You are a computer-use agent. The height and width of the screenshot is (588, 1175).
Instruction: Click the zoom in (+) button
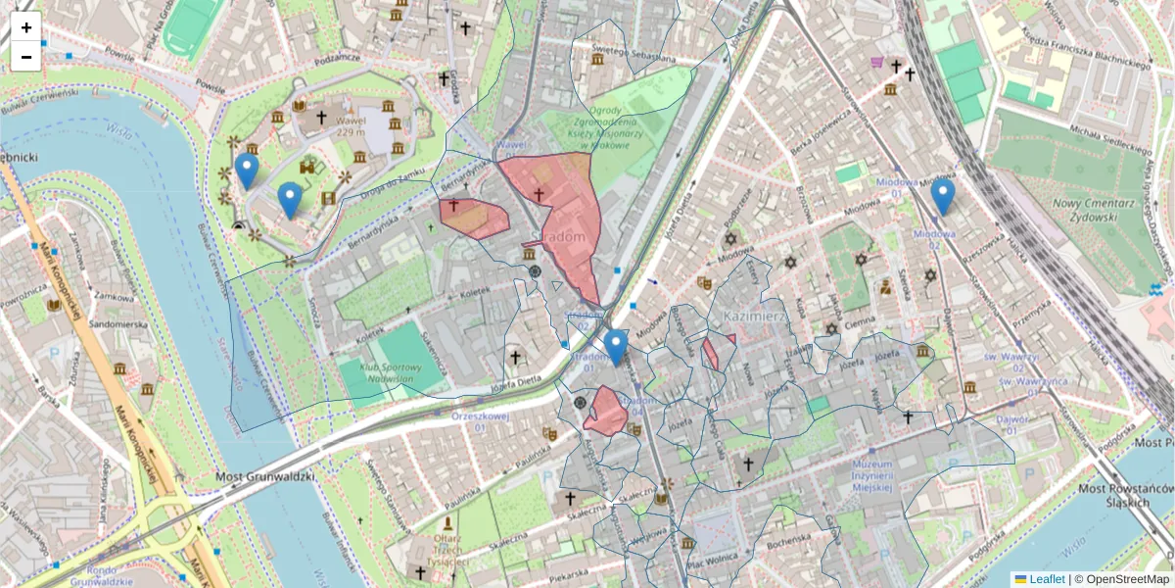pyautogui.click(x=26, y=27)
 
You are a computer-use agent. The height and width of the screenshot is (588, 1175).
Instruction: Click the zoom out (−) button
pyautogui.click(x=26, y=57)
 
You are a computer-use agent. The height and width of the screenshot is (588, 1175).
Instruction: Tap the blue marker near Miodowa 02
pyautogui.click(x=942, y=196)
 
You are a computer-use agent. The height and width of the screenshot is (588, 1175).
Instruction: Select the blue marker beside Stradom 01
pyautogui.click(x=615, y=347)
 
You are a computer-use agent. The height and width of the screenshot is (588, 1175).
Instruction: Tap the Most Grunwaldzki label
pyautogui.click(x=264, y=477)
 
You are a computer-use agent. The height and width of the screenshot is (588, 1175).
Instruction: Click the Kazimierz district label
pyautogui.click(x=756, y=317)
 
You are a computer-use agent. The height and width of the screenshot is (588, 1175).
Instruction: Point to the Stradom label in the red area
pyautogui.click(x=566, y=237)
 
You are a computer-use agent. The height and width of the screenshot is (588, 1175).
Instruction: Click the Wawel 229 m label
pyautogui.click(x=350, y=127)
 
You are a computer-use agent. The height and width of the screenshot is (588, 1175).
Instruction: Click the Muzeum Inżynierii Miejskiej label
pyautogui.click(x=871, y=475)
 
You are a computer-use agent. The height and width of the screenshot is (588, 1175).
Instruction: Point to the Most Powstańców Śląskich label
pyautogui.click(x=1124, y=495)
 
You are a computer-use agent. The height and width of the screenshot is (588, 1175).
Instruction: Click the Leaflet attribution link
pyautogui.click(x=1046, y=579)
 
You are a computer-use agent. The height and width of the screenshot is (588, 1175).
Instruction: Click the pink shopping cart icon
pyautogui.click(x=876, y=63)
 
